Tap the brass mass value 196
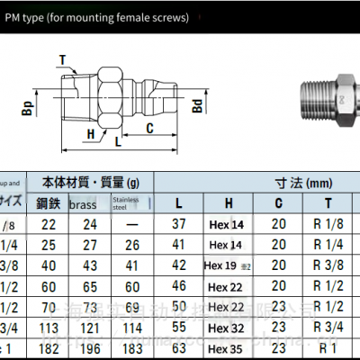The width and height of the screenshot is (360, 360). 87,346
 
